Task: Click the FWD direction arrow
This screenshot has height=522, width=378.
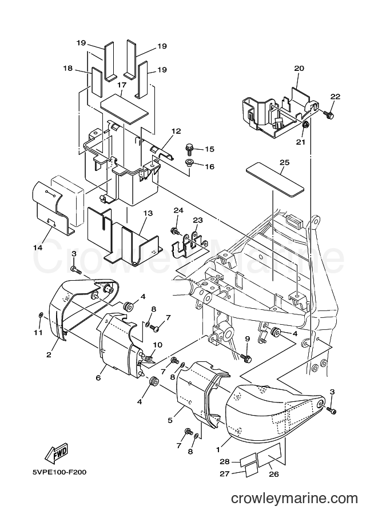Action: click(x=57, y=453)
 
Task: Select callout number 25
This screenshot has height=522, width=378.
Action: click(x=284, y=162)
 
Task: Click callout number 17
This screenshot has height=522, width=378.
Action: click(x=122, y=85)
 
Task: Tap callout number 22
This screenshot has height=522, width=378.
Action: click(x=335, y=97)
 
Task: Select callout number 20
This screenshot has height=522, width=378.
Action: click(x=299, y=68)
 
